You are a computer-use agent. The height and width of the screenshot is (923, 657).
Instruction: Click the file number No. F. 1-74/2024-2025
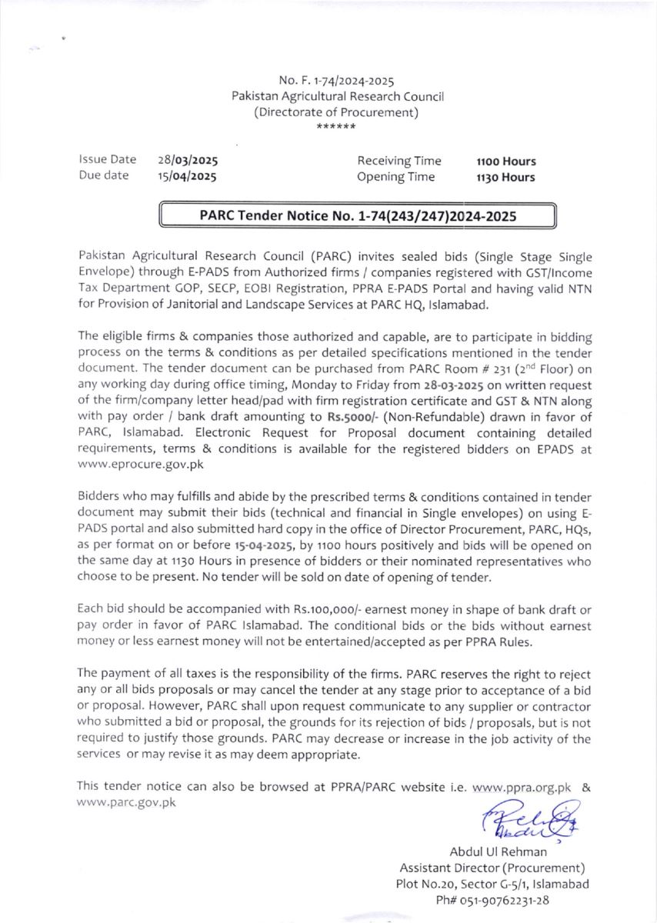[x=338, y=81]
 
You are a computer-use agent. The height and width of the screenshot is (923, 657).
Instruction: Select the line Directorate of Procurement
[x=338, y=112]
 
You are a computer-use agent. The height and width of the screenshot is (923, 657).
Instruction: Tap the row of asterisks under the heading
[x=337, y=127]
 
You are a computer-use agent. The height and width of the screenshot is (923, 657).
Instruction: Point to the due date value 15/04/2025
[x=187, y=177]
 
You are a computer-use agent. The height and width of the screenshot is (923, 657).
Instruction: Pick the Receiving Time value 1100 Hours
[x=506, y=162]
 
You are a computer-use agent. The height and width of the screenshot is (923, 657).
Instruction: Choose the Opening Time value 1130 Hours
[x=506, y=177]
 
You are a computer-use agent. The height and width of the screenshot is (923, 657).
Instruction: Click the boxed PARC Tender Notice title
[x=357, y=216]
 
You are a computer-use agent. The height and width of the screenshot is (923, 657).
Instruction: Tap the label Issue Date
[x=107, y=160]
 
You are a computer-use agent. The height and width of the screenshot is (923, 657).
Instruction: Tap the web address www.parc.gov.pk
[x=126, y=802]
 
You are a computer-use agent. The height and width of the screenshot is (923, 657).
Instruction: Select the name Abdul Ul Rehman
[x=499, y=851]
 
